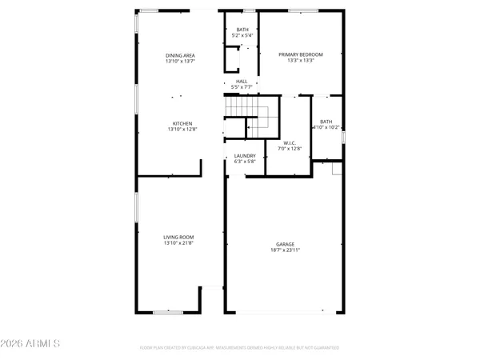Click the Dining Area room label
tap(181, 54)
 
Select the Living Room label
tap(179, 237)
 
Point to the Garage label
tap(286, 244)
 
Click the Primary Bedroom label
tap(295, 54)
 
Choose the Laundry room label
tap(245, 155)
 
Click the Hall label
tap(242, 82)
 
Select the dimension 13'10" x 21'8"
tap(179, 243)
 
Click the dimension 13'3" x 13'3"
tap(295, 61)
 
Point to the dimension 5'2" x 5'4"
tap(242, 36)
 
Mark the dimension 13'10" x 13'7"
tap(181, 61)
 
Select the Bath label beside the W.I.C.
tap(326, 121)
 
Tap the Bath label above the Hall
tap(242, 30)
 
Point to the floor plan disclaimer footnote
tap(239, 349)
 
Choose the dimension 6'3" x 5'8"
tap(245, 162)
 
